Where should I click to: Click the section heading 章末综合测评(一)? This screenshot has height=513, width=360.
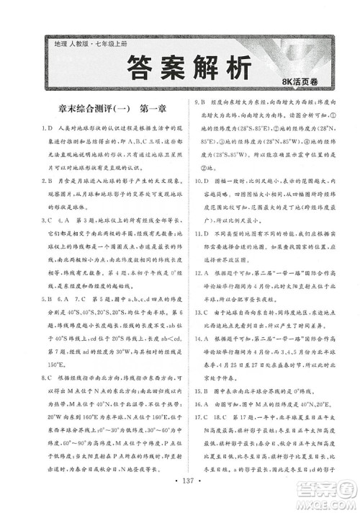click(x=90, y=110)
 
